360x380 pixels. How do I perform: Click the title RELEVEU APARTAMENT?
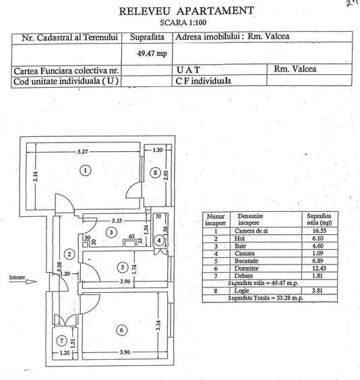coord(186,11)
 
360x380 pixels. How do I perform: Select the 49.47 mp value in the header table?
coord(148,51)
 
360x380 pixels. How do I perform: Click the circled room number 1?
coord(86,171)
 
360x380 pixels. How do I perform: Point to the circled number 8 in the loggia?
coord(156,173)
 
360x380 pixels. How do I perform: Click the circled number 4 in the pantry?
coord(158,240)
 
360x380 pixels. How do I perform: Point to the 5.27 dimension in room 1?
coord(82,151)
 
